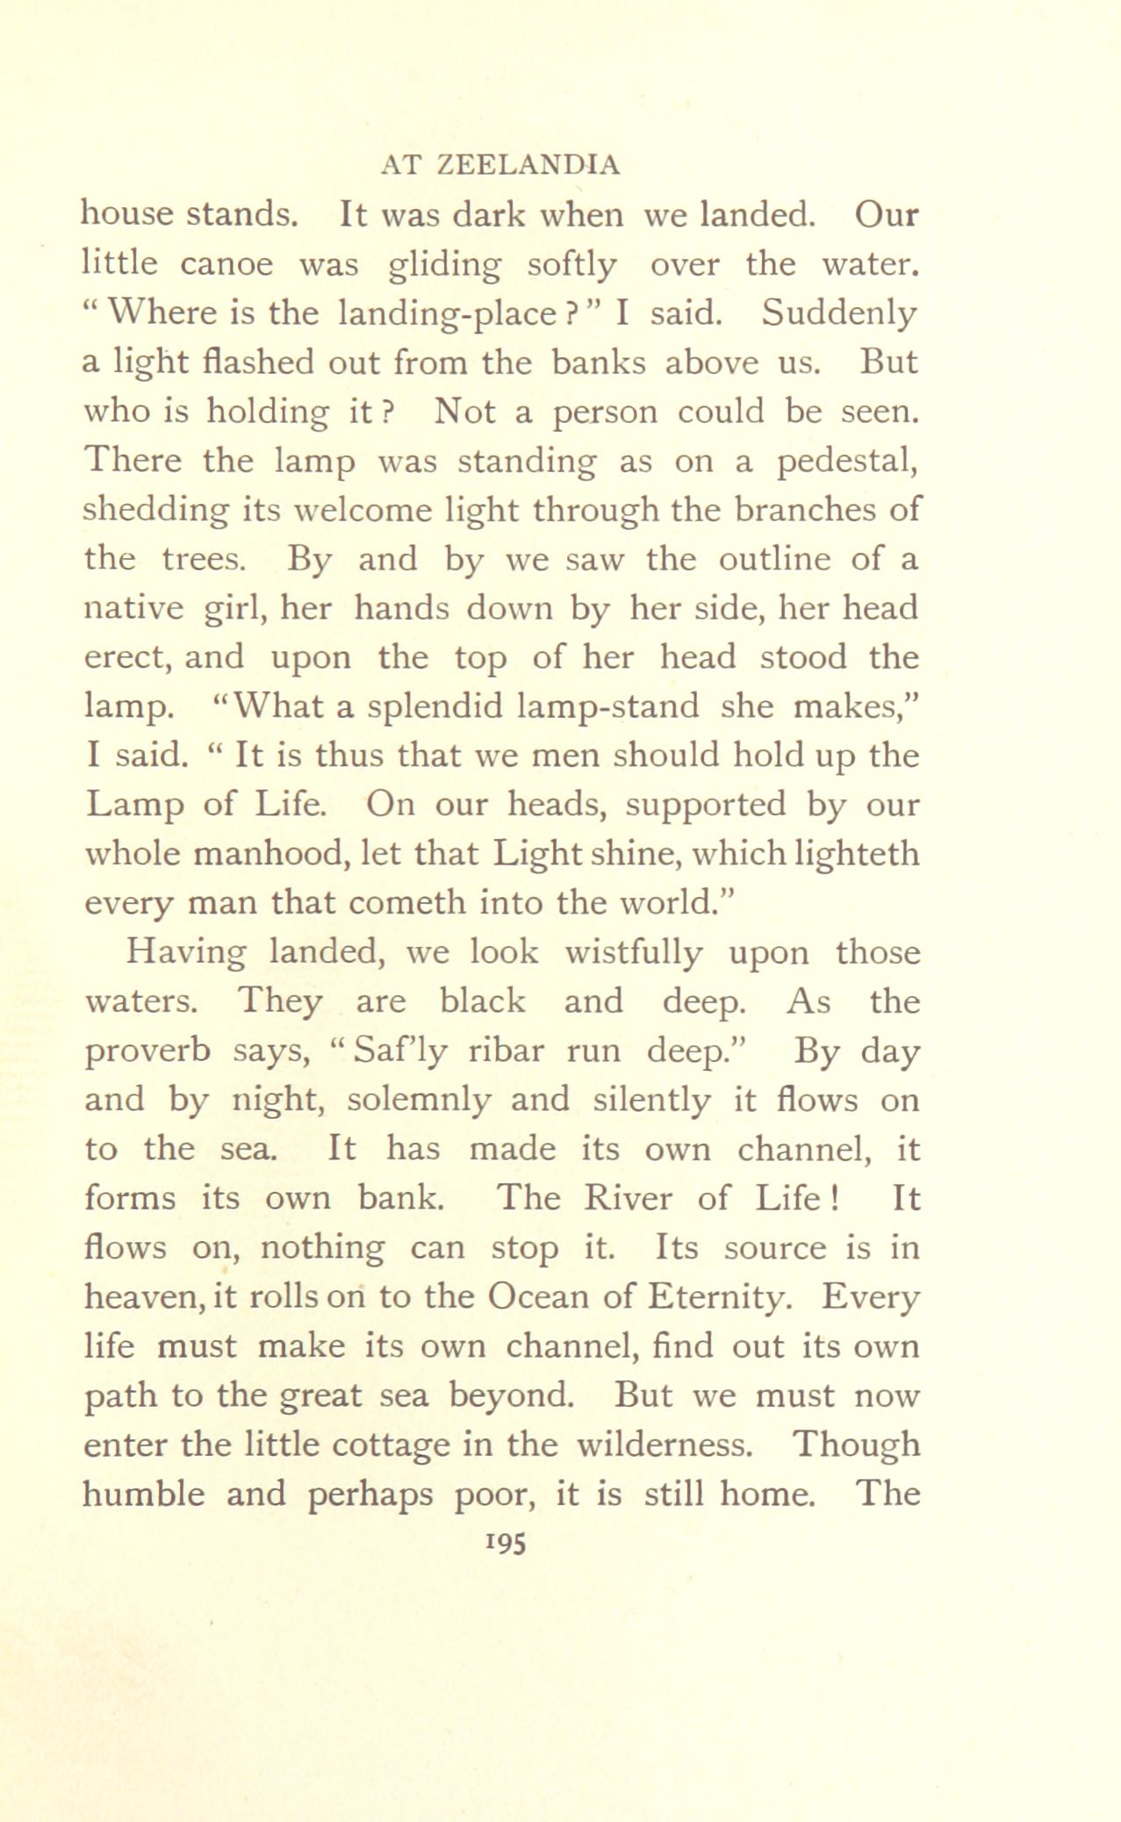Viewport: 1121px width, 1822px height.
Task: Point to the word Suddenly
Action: [x=839, y=313]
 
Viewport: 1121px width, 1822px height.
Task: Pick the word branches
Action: [x=807, y=510]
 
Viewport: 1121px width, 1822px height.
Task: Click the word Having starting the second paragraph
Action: [x=185, y=953]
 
